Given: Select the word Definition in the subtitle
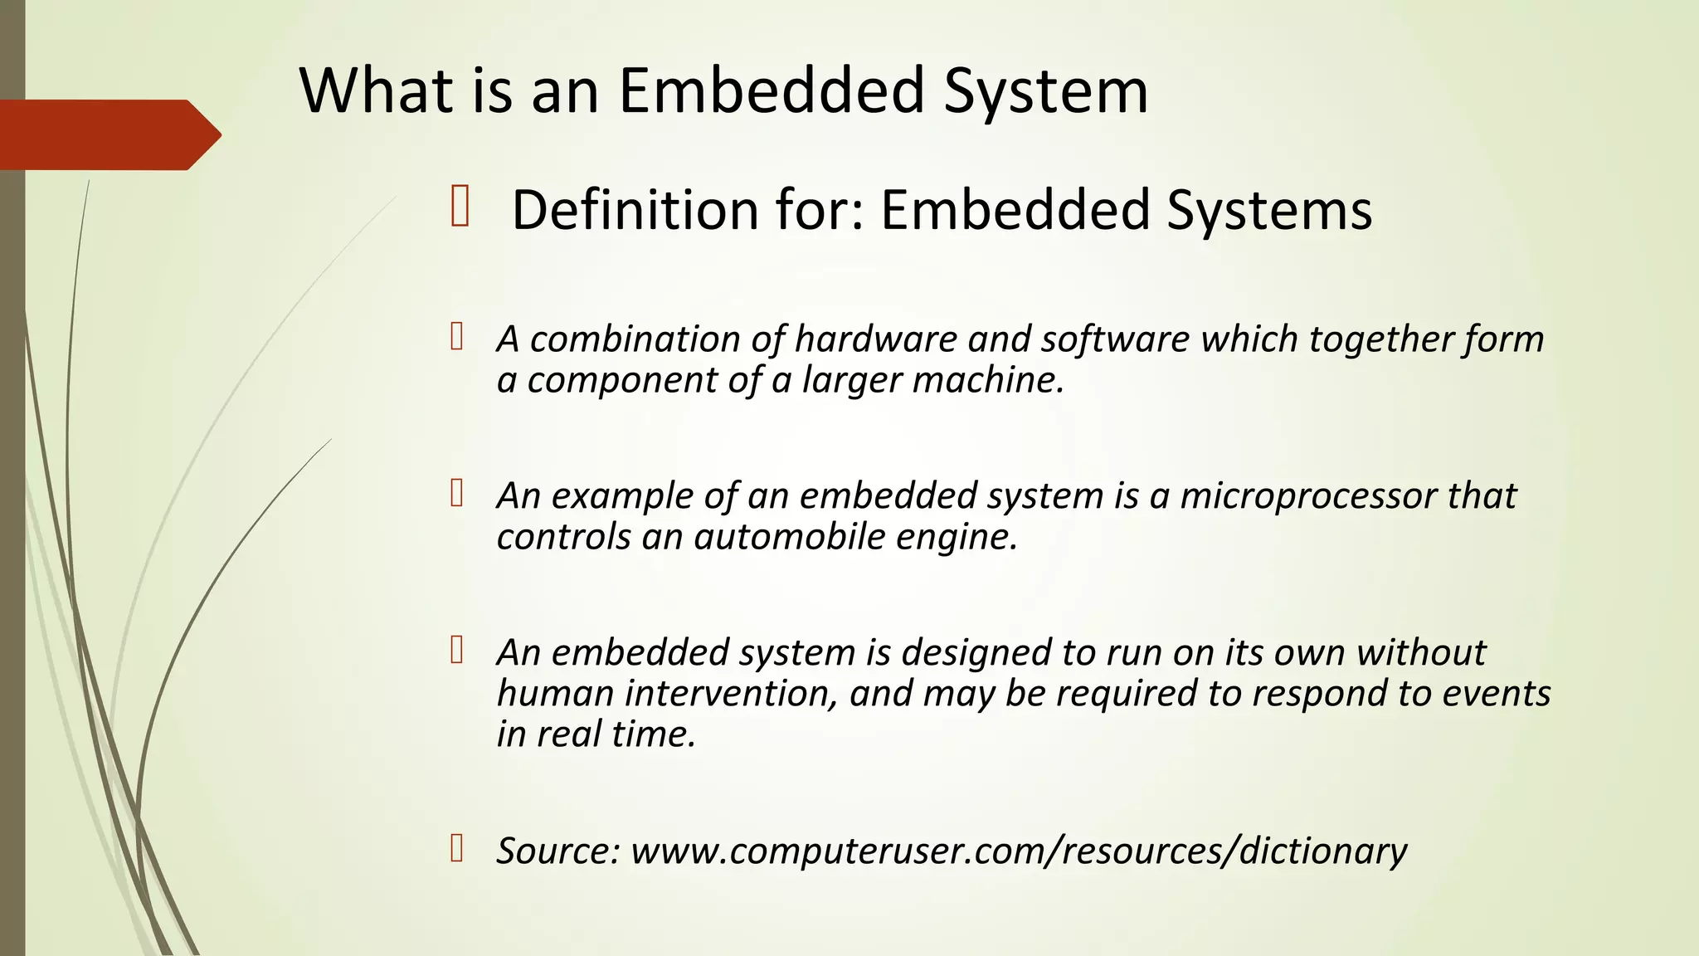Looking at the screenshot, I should pyautogui.click(x=635, y=209).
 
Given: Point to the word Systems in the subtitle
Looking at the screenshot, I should pyautogui.click(x=1269, y=211).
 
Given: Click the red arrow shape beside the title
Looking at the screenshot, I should pyautogui.click(x=108, y=134).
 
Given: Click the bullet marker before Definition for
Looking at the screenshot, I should pyautogui.click(x=460, y=207).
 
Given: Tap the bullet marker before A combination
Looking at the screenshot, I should pyautogui.click(x=456, y=337).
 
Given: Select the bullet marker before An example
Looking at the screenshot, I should pyautogui.click(x=456, y=494).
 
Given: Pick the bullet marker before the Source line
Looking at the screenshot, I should pyautogui.click(x=456, y=849).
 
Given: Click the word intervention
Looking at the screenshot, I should pyautogui.click(x=731, y=693).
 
